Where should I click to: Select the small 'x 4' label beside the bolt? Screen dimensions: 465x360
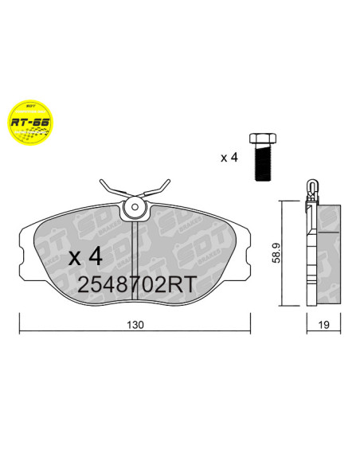(229, 158)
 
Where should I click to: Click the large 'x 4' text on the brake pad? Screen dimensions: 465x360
(85, 257)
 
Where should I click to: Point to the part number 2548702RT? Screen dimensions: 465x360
(135, 284)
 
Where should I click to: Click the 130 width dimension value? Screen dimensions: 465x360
(136, 325)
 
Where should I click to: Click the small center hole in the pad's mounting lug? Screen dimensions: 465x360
(135, 209)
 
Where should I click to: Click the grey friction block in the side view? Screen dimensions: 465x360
(329, 252)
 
